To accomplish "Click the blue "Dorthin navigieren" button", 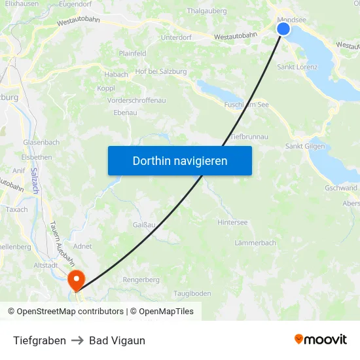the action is (179, 160).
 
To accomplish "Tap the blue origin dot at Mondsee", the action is (283, 29).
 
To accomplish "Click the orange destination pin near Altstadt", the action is (77, 280).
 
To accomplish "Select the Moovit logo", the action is (321, 339).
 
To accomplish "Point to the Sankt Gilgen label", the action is (305, 146).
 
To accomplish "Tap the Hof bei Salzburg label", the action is (160, 71).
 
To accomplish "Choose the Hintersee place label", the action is (232, 223).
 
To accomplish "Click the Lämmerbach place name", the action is (255, 243).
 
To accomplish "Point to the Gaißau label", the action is (144, 225).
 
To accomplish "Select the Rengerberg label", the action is (141, 279).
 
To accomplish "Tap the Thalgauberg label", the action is (206, 11).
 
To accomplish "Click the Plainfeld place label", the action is (133, 54).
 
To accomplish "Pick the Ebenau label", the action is (125, 113).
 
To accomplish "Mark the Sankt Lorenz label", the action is (297, 67).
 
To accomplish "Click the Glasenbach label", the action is (41, 142).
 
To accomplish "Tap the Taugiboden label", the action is (192, 293).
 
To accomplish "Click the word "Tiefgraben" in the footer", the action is (39, 340).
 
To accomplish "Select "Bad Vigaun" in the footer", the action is (117, 340).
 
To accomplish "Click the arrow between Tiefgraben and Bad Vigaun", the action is (77, 340).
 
